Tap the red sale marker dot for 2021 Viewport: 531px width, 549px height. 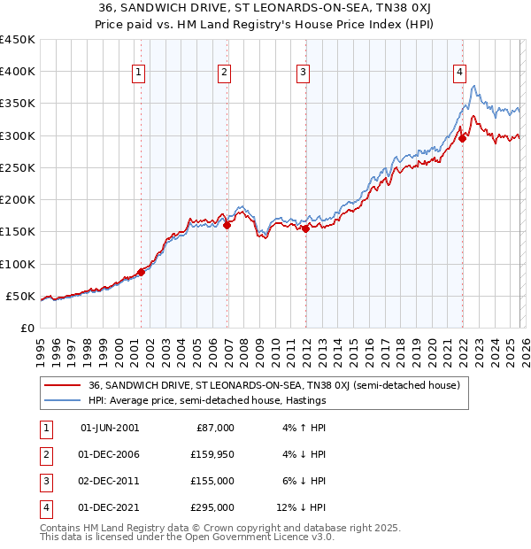point(462,138)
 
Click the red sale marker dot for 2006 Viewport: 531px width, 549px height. point(227,225)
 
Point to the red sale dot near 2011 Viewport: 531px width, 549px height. point(305,228)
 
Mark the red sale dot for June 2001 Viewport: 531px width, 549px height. point(141,272)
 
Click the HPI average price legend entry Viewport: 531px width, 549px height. point(207,400)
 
